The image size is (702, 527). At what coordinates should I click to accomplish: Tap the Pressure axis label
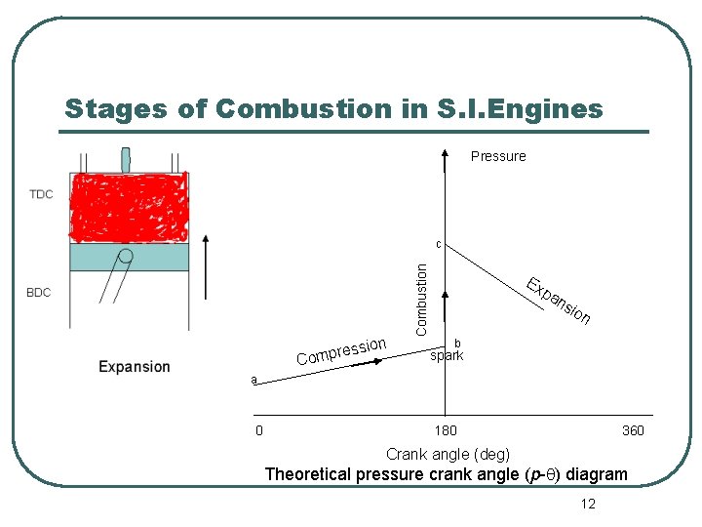click(x=497, y=156)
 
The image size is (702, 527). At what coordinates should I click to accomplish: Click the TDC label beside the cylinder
click(x=41, y=194)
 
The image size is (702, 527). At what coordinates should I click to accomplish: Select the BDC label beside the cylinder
click(x=39, y=293)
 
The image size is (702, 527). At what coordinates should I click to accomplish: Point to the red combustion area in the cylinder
click(x=128, y=205)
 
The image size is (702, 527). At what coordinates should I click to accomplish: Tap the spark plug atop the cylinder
click(x=126, y=160)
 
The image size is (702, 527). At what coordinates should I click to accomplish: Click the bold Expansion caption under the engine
click(x=135, y=367)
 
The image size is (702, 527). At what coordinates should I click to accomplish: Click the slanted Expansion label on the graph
click(x=558, y=302)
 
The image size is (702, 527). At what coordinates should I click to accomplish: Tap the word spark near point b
click(x=447, y=356)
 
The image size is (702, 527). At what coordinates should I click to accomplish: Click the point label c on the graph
click(x=439, y=244)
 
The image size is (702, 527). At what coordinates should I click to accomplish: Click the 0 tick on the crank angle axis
click(x=258, y=430)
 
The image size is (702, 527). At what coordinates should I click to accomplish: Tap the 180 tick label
click(x=445, y=430)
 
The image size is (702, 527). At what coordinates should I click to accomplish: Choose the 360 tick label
click(x=633, y=430)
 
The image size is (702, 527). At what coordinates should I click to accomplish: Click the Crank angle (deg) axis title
click(x=447, y=454)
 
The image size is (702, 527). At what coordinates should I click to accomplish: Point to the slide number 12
click(x=587, y=504)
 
